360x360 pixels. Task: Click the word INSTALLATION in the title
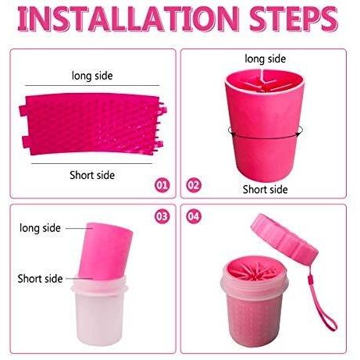[128, 19]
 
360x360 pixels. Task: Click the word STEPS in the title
[294, 19]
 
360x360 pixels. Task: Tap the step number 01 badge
[162, 185]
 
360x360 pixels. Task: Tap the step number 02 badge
[194, 185]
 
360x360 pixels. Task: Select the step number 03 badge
[162, 216]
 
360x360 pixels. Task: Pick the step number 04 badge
[194, 216]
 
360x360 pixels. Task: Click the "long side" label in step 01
[92, 76]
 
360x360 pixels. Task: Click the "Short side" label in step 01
[92, 175]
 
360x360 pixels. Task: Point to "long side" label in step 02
[266, 59]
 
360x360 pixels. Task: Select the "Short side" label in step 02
[266, 189]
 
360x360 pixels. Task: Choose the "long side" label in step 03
[40, 228]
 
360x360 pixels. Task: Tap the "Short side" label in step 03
[40, 279]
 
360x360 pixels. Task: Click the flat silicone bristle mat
[93, 124]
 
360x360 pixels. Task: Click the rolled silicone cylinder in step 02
[264, 126]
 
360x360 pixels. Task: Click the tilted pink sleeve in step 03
[105, 251]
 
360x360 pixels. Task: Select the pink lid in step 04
[284, 240]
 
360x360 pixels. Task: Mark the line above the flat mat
[92, 85]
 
